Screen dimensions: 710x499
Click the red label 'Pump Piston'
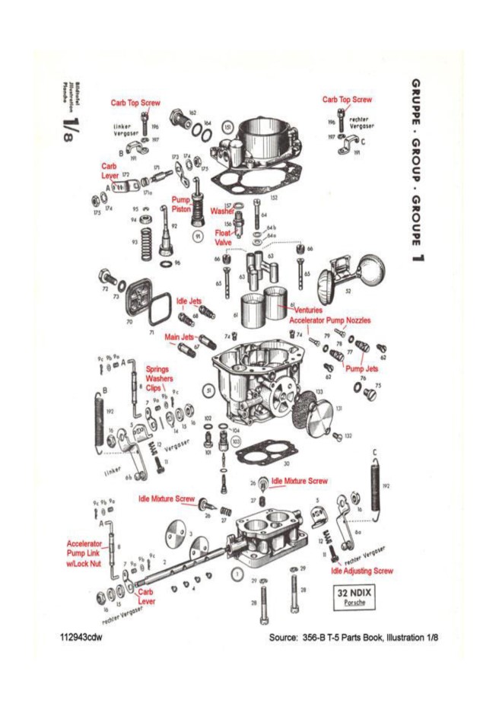(x=180, y=204)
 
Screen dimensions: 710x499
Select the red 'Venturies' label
(x=307, y=310)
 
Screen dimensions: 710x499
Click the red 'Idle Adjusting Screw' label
(x=361, y=569)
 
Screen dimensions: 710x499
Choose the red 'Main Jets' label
(x=180, y=336)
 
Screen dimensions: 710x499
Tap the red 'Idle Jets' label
(x=189, y=301)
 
